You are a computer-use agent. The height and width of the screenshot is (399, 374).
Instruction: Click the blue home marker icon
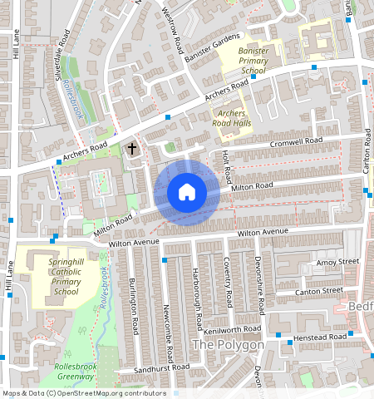click(187, 192)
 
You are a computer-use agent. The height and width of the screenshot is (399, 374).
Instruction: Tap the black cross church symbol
click(131, 149)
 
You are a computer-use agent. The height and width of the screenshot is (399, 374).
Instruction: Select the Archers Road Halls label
click(232, 117)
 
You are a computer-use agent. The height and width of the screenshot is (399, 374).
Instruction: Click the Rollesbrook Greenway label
click(76, 371)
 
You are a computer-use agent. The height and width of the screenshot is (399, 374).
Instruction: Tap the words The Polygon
click(228, 344)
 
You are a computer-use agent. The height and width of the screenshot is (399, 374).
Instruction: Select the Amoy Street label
click(337, 263)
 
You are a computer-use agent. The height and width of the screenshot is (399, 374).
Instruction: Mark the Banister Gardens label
click(212, 43)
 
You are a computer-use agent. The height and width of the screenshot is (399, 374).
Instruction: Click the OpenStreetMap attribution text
click(83, 393)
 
